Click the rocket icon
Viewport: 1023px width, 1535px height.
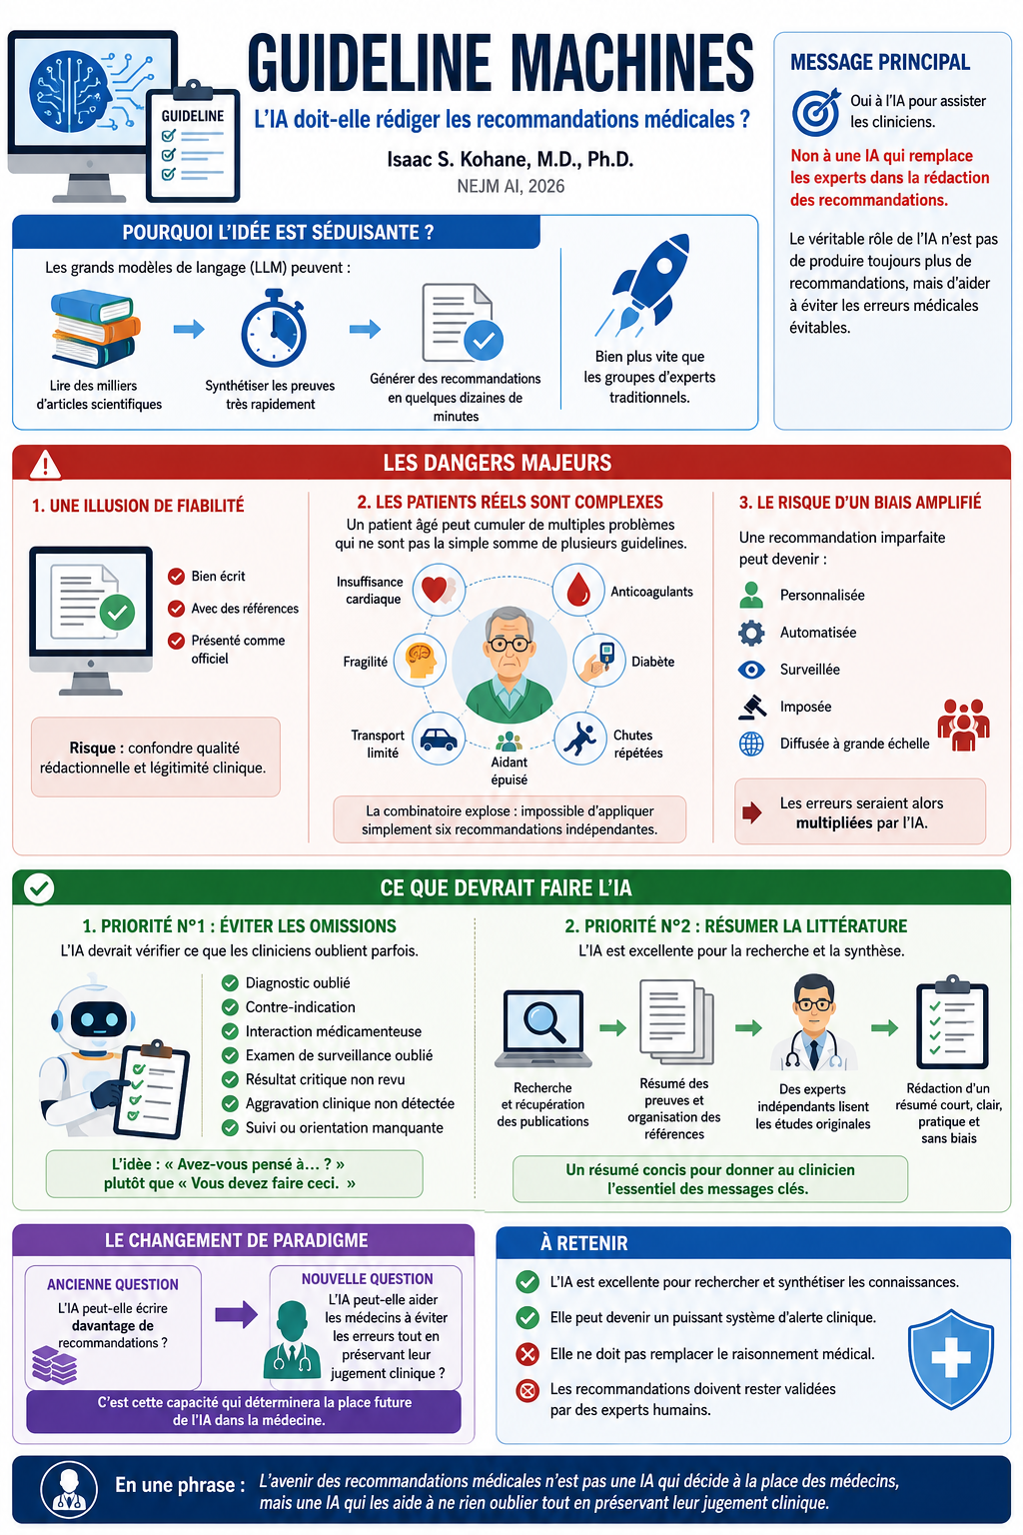(644, 284)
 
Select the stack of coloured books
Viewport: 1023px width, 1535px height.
(95, 328)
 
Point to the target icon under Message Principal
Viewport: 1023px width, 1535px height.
(816, 112)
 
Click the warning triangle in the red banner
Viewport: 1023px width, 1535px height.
(45, 465)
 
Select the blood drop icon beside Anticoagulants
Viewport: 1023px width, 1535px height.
(579, 589)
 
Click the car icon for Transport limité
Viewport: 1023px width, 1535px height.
(439, 739)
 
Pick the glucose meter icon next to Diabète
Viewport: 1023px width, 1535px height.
(599, 660)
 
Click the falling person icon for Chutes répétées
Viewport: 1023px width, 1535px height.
(580, 739)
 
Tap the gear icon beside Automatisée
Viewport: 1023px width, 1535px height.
(751, 633)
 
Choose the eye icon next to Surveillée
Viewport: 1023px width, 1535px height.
(751, 670)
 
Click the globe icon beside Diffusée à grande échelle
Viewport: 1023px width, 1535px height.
(751, 744)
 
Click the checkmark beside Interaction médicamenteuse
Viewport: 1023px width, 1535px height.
(230, 1031)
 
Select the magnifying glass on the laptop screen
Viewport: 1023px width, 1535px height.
(544, 1021)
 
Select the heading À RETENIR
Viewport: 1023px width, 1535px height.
(583, 1243)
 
